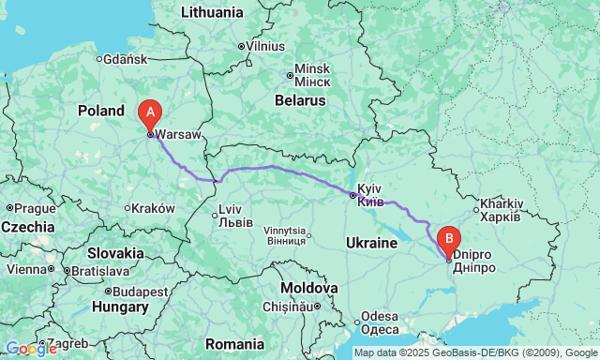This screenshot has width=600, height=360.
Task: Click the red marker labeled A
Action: click(x=148, y=114)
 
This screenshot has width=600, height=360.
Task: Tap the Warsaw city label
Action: click(x=178, y=134)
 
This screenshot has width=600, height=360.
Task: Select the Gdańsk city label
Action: click(x=125, y=59)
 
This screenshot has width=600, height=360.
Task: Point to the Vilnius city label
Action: click(x=266, y=45)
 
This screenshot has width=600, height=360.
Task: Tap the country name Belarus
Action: click(x=300, y=99)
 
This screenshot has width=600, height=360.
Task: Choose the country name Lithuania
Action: click(x=211, y=12)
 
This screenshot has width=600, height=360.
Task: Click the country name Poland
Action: click(x=101, y=111)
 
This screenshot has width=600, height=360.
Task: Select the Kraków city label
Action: click(x=154, y=208)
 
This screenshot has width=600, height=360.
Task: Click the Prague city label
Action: click(x=35, y=207)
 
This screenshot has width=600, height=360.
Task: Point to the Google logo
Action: click(x=30, y=349)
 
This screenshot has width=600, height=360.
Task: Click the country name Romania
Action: click(x=234, y=343)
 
